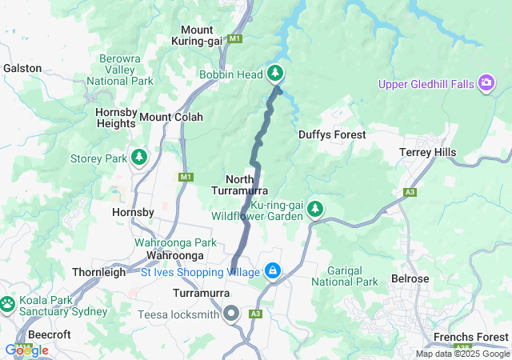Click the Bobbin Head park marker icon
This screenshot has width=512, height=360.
(x=275, y=74)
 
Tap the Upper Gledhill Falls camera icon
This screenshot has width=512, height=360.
(x=486, y=83)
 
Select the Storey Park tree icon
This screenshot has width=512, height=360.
(x=139, y=157)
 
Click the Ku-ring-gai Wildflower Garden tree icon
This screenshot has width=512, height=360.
(x=315, y=210)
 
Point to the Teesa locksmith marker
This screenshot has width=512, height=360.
(x=232, y=313)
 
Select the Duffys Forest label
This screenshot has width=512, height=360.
(x=332, y=135)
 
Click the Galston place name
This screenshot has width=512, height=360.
(x=22, y=69)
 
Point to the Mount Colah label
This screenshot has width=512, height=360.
(x=171, y=117)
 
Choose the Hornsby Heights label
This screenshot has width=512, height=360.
(x=115, y=118)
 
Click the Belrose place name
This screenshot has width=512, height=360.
(x=410, y=279)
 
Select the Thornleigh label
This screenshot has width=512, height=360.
(x=98, y=272)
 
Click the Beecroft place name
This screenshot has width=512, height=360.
(x=50, y=334)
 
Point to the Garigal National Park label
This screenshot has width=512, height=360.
(x=344, y=276)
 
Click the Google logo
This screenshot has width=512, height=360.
(x=26, y=350)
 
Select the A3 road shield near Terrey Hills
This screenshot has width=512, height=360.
(x=410, y=193)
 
